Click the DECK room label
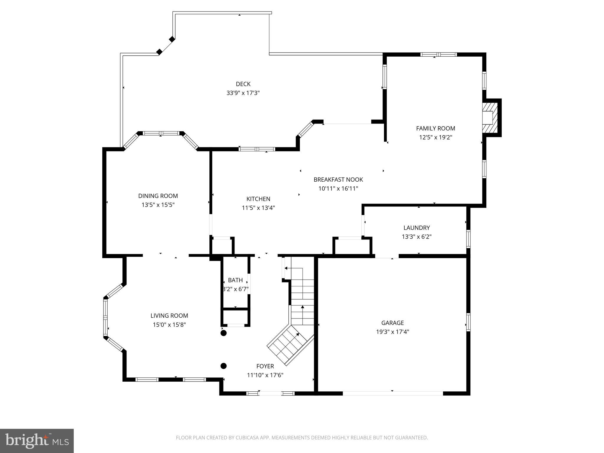coord(243,84)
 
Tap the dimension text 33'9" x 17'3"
coord(243,93)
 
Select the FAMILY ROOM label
coord(436,128)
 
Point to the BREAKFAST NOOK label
coord(338,180)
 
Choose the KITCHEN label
coord(258,199)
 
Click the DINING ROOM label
coord(158,196)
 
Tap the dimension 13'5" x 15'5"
coord(158,205)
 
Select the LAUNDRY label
coord(416,228)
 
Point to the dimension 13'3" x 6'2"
coord(416,237)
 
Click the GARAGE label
coord(393,323)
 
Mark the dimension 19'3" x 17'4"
coord(393,332)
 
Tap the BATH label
coord(235,280)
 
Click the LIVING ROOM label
coord(169,316)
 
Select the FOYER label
coord(265,366)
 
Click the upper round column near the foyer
coord(224,333)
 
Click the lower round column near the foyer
coord(224,366)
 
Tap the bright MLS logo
coord(37,441)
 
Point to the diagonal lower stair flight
coord(290,345)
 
